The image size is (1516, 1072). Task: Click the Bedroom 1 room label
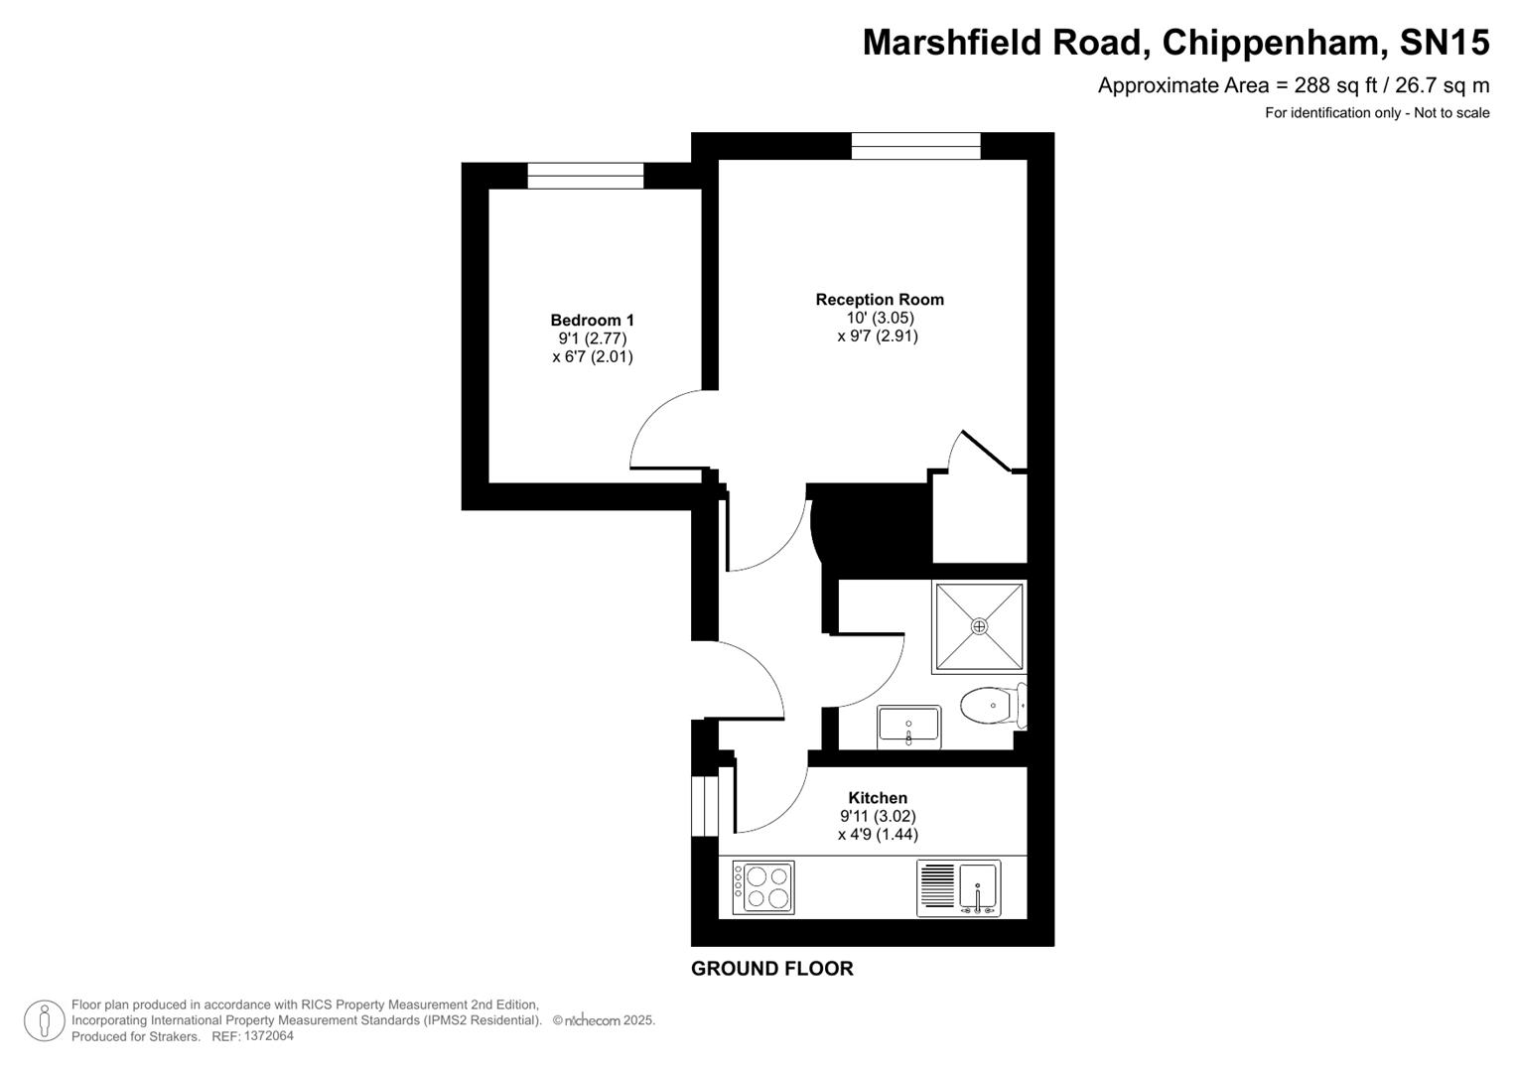pos(592,320)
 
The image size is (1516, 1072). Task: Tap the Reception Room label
pos(879,299)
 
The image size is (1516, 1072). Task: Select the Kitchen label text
pos(877,797)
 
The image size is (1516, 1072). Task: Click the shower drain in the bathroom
pos(979,626)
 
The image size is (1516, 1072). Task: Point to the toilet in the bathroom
pos(991,706)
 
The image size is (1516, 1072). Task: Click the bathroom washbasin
pos(908,727)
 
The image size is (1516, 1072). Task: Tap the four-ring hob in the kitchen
pos(762,887)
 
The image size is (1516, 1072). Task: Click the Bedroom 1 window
pos(585,176)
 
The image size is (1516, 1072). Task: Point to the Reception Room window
pos(915,146)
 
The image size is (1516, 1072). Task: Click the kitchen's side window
pos(704,805)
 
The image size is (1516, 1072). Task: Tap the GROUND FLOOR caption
pos(771,969)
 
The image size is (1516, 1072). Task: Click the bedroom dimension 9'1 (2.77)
pos(592,338)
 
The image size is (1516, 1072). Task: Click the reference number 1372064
pos(267,1036)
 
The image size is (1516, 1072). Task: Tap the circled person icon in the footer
pos(44,1020)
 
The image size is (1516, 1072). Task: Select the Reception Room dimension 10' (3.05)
pos(879,318)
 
